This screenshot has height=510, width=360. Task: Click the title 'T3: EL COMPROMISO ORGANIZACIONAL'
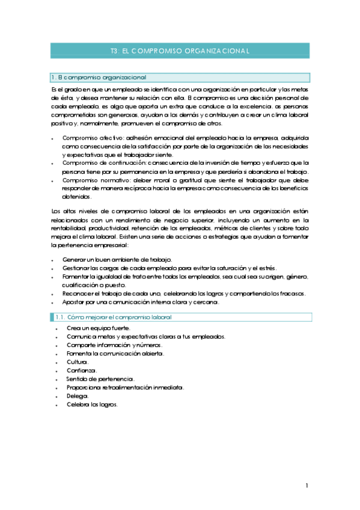tap(180, 52)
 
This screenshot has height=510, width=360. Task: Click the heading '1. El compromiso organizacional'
tap(99, 78)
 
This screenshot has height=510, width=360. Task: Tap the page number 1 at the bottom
tap(307, 485)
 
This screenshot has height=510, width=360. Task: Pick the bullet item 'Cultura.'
tap(78, 362)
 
